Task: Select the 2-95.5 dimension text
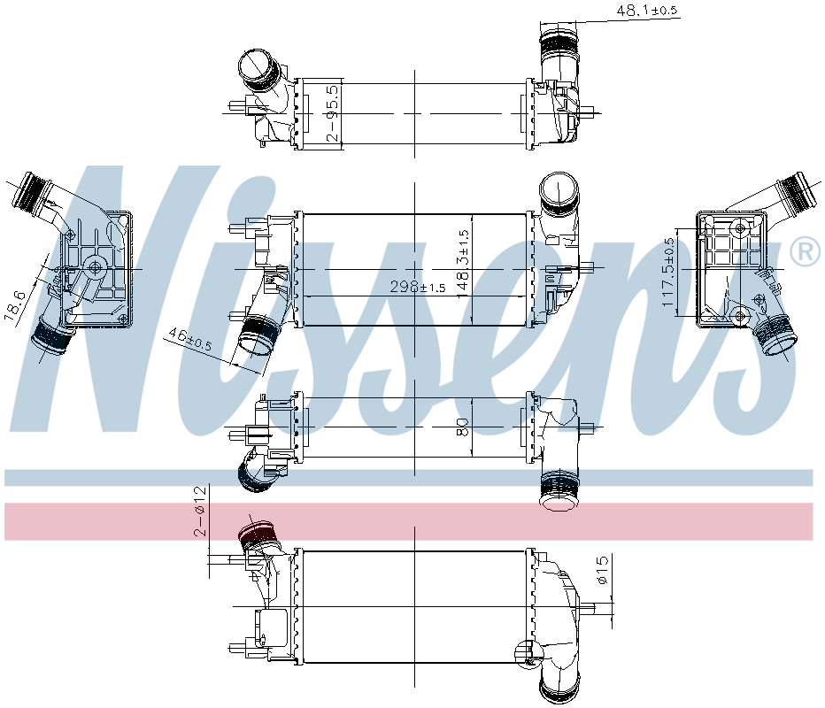click(x=332, y=112)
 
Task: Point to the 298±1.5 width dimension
click(x=419, y=288)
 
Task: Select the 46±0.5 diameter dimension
click(x=189, y=340)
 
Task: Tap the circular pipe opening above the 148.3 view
click(x=559, y=189)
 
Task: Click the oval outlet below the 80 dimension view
click(x=559, y=502)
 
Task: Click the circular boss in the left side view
click(x=95, y=266)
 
